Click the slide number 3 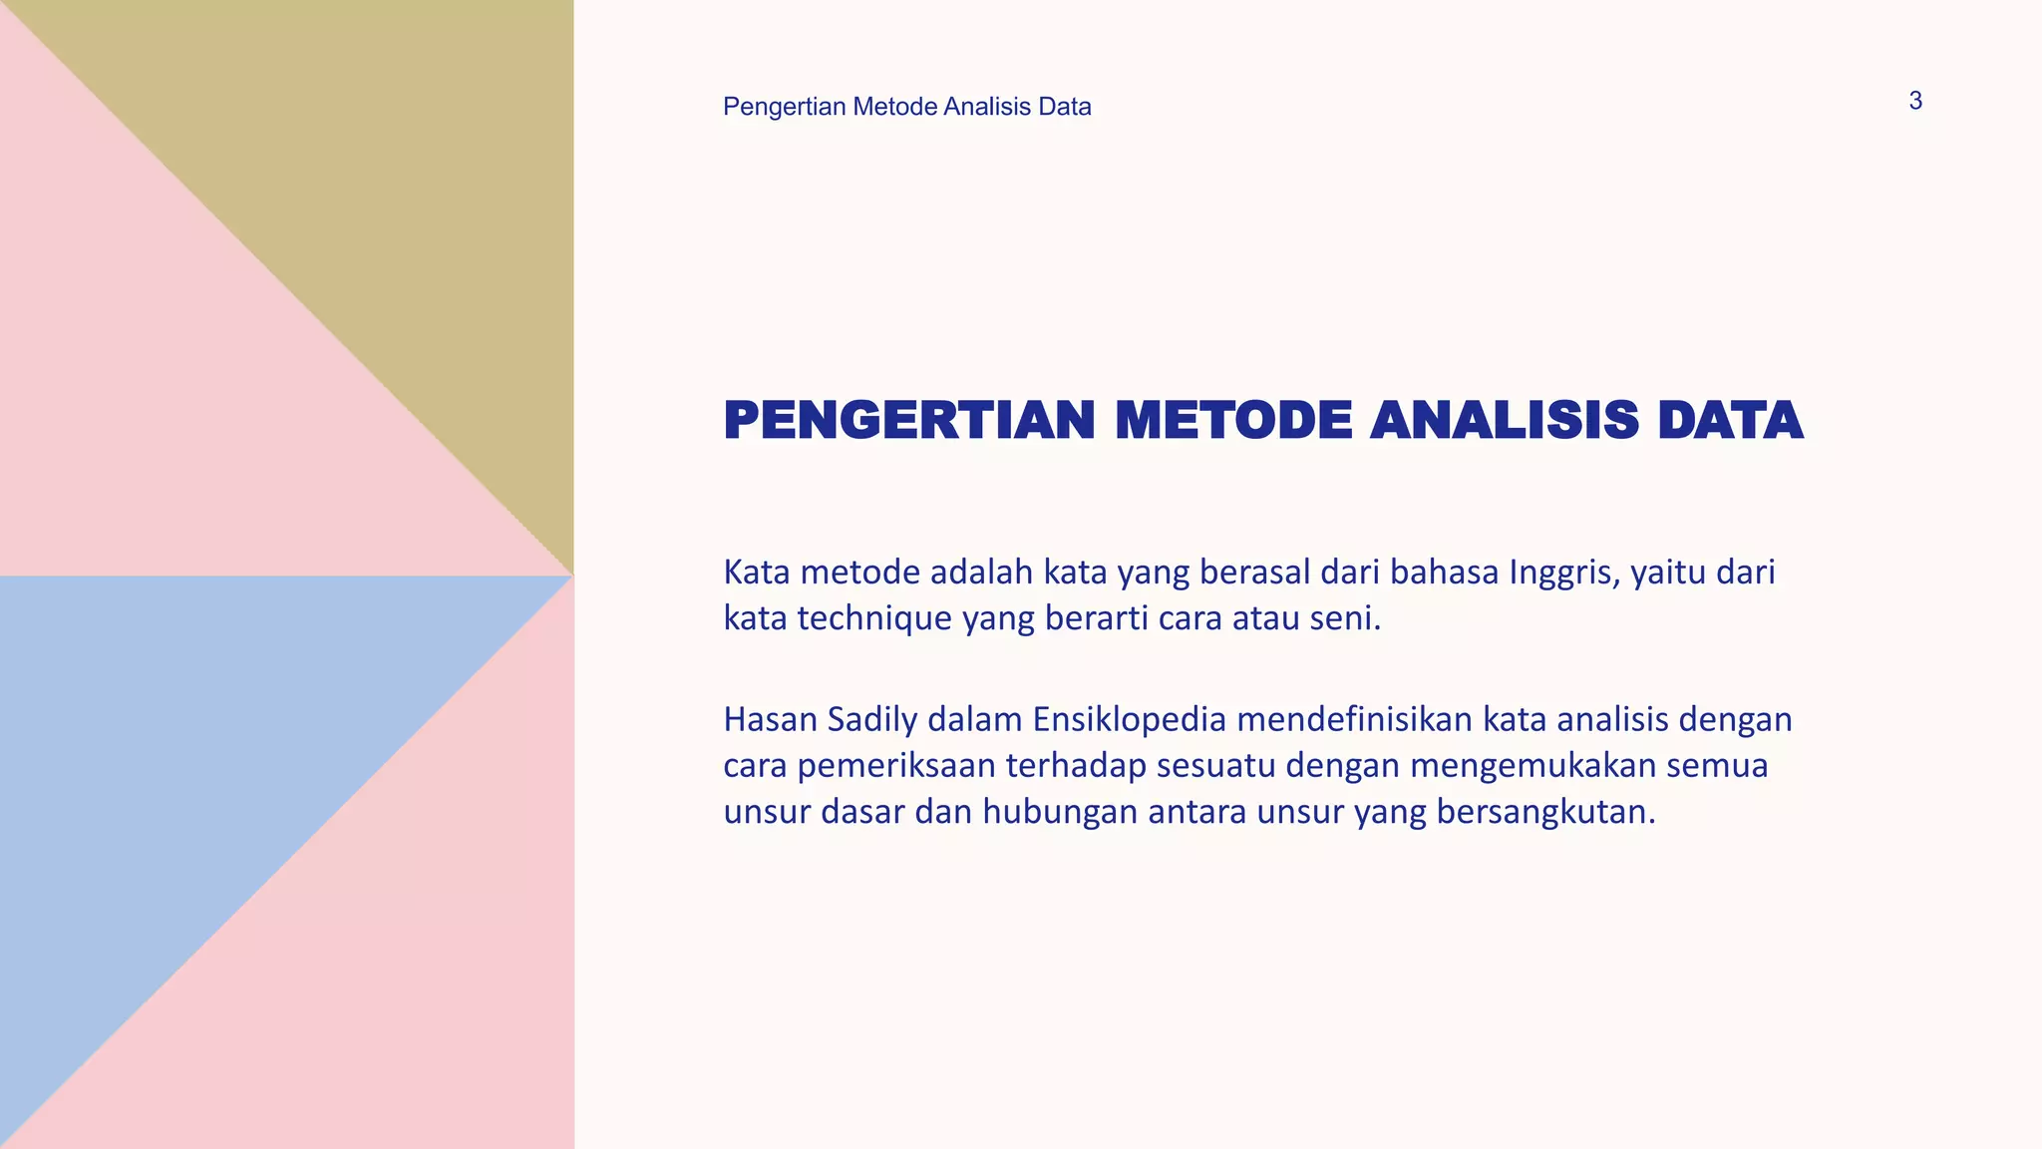(x=1914, y=102)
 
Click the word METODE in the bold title (x=1233, y=420)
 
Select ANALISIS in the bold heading (x=1505, y=420)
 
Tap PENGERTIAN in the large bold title (x=909, y=420)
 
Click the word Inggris (x=1563, y=573)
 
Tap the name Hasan (x=770, y=719)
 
